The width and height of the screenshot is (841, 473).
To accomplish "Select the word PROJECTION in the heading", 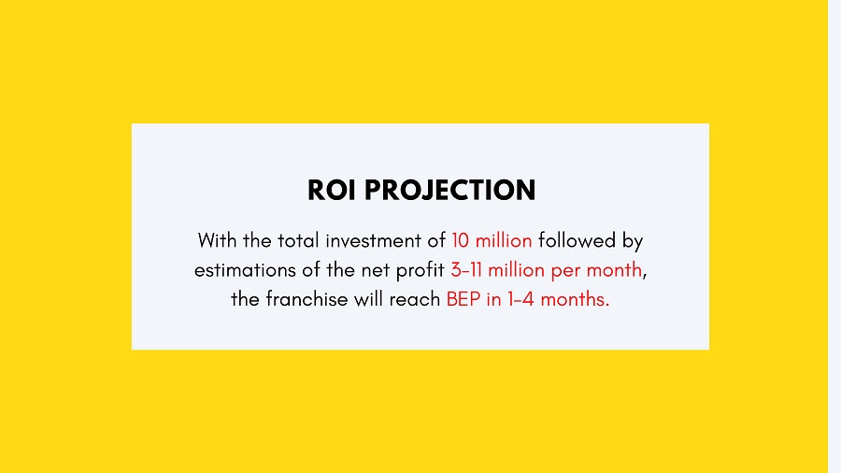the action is (450, 190).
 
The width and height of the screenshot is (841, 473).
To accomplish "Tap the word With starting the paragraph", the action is (217, 240).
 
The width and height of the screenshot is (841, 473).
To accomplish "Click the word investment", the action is (373, 240).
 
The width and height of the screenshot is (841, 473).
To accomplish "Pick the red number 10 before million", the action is (460, 240).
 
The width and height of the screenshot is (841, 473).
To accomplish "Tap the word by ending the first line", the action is (633, 241).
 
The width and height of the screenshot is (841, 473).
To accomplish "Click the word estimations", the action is (245, 270).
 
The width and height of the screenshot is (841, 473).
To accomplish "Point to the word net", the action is (376, 270).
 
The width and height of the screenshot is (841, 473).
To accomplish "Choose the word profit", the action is (420, 271).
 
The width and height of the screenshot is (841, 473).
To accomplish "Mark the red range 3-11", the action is (466, 270).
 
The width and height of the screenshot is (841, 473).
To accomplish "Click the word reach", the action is (415, 299).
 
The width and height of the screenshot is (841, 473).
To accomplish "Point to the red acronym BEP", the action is (463, 299).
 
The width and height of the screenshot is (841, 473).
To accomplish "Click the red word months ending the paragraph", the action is (575, 299).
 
